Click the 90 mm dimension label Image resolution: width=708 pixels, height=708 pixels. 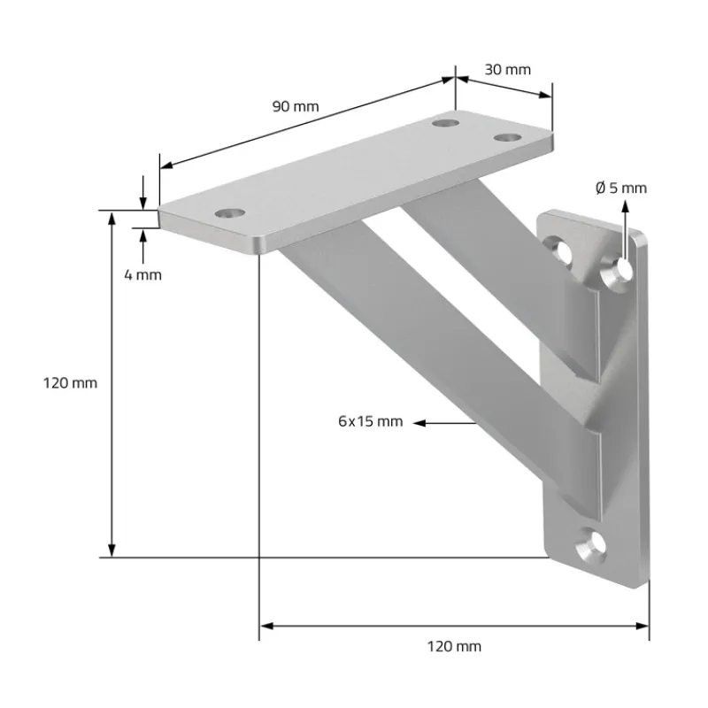pos(295,106)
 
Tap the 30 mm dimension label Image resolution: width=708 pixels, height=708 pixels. pos(507,69)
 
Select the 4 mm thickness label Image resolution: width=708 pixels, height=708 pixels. pos(142,274)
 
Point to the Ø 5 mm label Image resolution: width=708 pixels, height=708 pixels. pos(621,188)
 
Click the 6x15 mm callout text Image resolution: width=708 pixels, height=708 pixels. pos(370,421)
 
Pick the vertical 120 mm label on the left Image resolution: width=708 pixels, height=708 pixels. pos(70,383)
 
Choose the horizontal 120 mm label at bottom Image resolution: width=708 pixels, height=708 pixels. pos(454,646)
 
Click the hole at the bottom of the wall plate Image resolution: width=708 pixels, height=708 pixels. pos(591,543)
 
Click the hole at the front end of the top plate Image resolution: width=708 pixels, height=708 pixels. pos(230,213)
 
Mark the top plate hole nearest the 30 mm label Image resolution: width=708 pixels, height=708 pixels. pos(507,137)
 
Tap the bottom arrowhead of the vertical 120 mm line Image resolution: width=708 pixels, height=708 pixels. pos(112,550)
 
